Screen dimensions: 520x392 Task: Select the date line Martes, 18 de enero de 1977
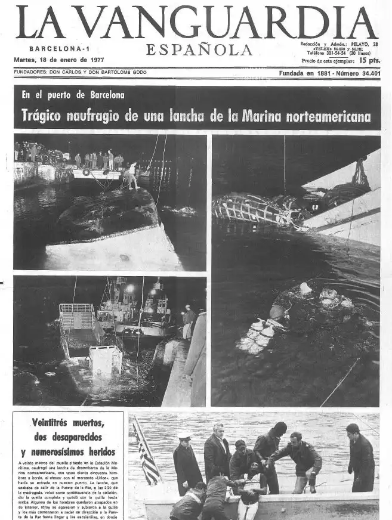pyautogui.click(x=59, y=60)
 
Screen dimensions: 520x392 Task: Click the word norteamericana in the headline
pyautogui.click(x=323, y=116)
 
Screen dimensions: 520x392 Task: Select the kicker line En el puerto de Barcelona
pyautogui.click(x=73, y=95)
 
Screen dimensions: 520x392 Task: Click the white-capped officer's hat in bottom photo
pyautogui.click(x=185, y=436)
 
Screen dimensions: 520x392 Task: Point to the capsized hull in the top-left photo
pyautogui.click(x=107, y=215)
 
